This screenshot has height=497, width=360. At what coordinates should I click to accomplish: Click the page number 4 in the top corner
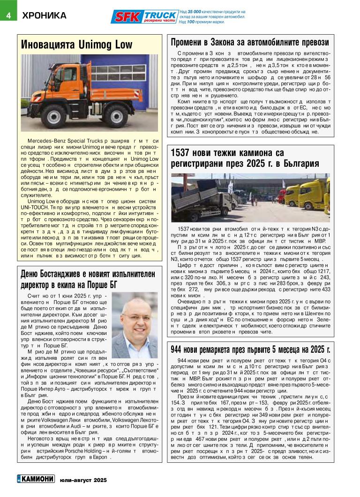[8, 15]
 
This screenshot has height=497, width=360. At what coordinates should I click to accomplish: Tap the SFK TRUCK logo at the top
[144, 17]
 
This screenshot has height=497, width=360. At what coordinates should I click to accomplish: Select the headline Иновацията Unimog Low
[77, 45]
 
